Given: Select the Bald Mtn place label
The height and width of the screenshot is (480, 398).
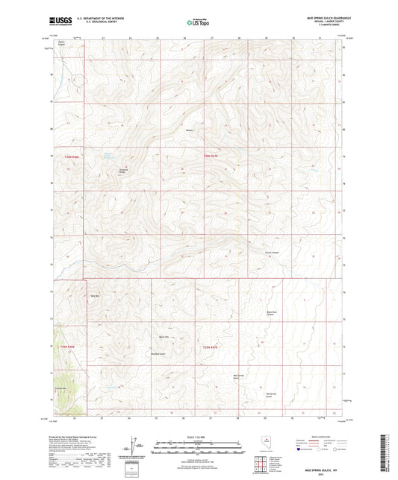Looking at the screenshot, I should coord(95,297).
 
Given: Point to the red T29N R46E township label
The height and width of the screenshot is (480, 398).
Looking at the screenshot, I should coord(68,347).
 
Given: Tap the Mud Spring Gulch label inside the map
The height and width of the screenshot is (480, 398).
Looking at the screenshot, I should coord(239,376).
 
